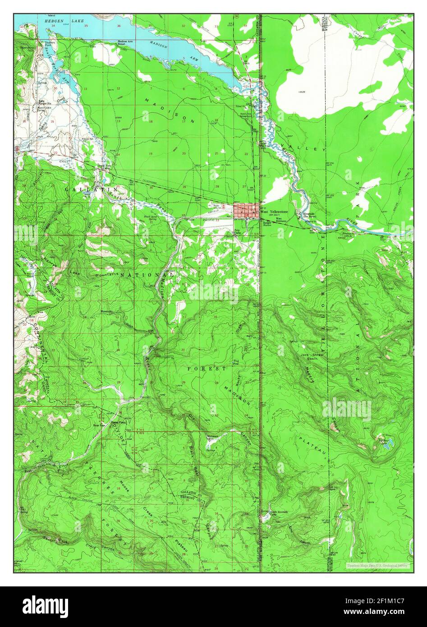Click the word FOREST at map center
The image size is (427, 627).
[207, 369]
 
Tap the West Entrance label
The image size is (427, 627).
[275, 220]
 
